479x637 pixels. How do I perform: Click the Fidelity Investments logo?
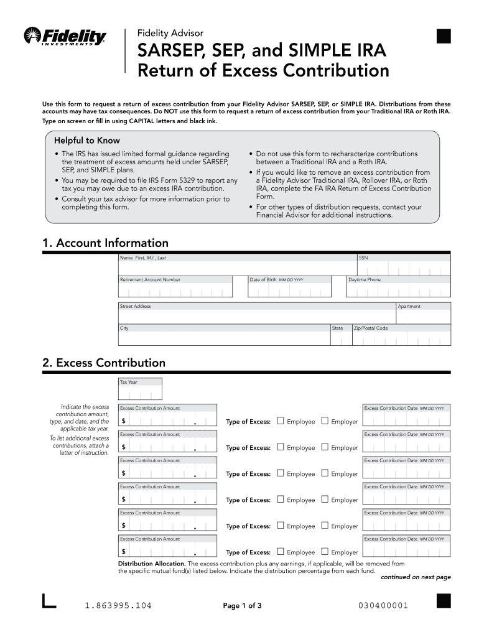(x=65, y=37)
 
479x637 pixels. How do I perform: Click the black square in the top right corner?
(x=443, y=37)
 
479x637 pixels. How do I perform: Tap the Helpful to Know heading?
(x=87, y=141)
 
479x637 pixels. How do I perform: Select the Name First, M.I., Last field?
(x=236, y=268)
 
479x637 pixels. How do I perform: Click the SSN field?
(x=402, y=268)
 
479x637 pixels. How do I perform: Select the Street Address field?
(x=257, y=316)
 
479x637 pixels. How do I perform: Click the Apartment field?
(x=423, y=316)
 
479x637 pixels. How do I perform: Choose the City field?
(x=224, y=338)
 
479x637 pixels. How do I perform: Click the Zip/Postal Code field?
(x=401, y=338)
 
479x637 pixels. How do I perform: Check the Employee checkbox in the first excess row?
(x=280, y=421)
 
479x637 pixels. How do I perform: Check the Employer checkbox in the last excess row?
(x=324, y=552)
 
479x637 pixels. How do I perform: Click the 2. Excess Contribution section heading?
(x=104, y=363)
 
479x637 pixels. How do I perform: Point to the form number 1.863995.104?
(x=118, y=605)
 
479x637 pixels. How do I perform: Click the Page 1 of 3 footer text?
(x=242, y=606)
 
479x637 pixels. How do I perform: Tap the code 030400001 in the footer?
(x=383, y=605)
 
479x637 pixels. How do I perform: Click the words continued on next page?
(x=416, y=577)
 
